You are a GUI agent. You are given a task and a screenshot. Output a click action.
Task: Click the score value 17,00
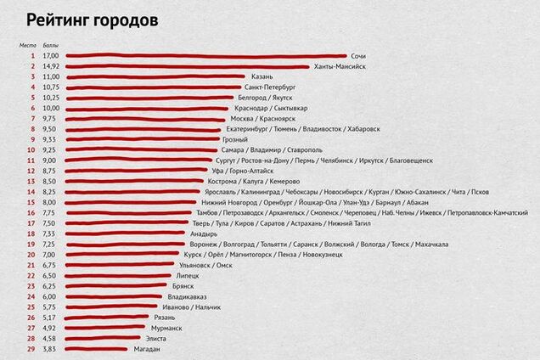point(50,55)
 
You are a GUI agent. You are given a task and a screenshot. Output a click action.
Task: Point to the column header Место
point(30,44)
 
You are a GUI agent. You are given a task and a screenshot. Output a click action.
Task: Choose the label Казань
point(262,76)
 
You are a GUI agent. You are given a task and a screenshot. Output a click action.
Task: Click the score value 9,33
point(50,139)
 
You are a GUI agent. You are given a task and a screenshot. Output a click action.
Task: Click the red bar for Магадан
point(96,349)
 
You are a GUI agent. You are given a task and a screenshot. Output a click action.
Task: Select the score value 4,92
point(50,328)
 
